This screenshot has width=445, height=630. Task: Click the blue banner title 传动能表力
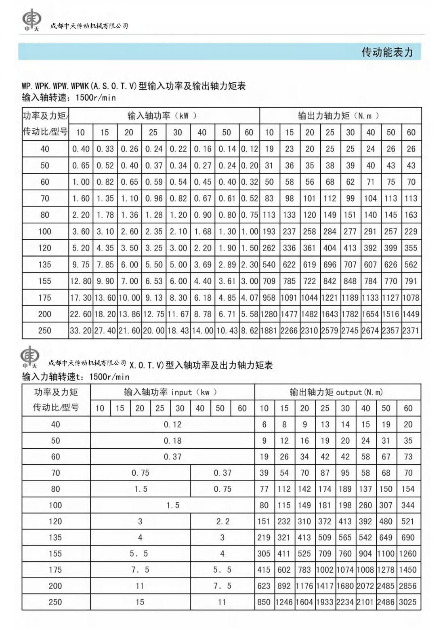click(387, 52)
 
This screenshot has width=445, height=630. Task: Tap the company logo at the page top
click(30, 21)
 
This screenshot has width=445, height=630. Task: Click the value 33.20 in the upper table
click(80, 331)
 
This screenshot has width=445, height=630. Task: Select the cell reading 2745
click(350, 331)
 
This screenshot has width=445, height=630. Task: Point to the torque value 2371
click(411, 331)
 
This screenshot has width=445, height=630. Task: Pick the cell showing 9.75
click(81, 265)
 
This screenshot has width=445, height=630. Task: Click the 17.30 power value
click(81, 298)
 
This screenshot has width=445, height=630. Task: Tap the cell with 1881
click(269, 331)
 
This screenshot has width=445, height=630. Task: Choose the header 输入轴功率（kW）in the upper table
click(162, 116)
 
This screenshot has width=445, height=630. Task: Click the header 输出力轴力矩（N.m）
click(339, 116)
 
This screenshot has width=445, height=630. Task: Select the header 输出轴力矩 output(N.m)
click(336, 392)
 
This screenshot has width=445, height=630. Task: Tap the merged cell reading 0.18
click(172, 441)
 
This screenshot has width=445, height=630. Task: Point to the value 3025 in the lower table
click(407, 602)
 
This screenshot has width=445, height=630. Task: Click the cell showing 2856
click(407, 586)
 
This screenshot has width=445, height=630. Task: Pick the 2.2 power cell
click(222, 521)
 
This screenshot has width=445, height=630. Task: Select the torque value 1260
click(407, 554)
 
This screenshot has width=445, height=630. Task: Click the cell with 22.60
click(80, 314)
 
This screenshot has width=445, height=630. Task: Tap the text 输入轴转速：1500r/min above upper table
click(69, 97)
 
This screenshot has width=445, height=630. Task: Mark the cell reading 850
click(264, 602)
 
